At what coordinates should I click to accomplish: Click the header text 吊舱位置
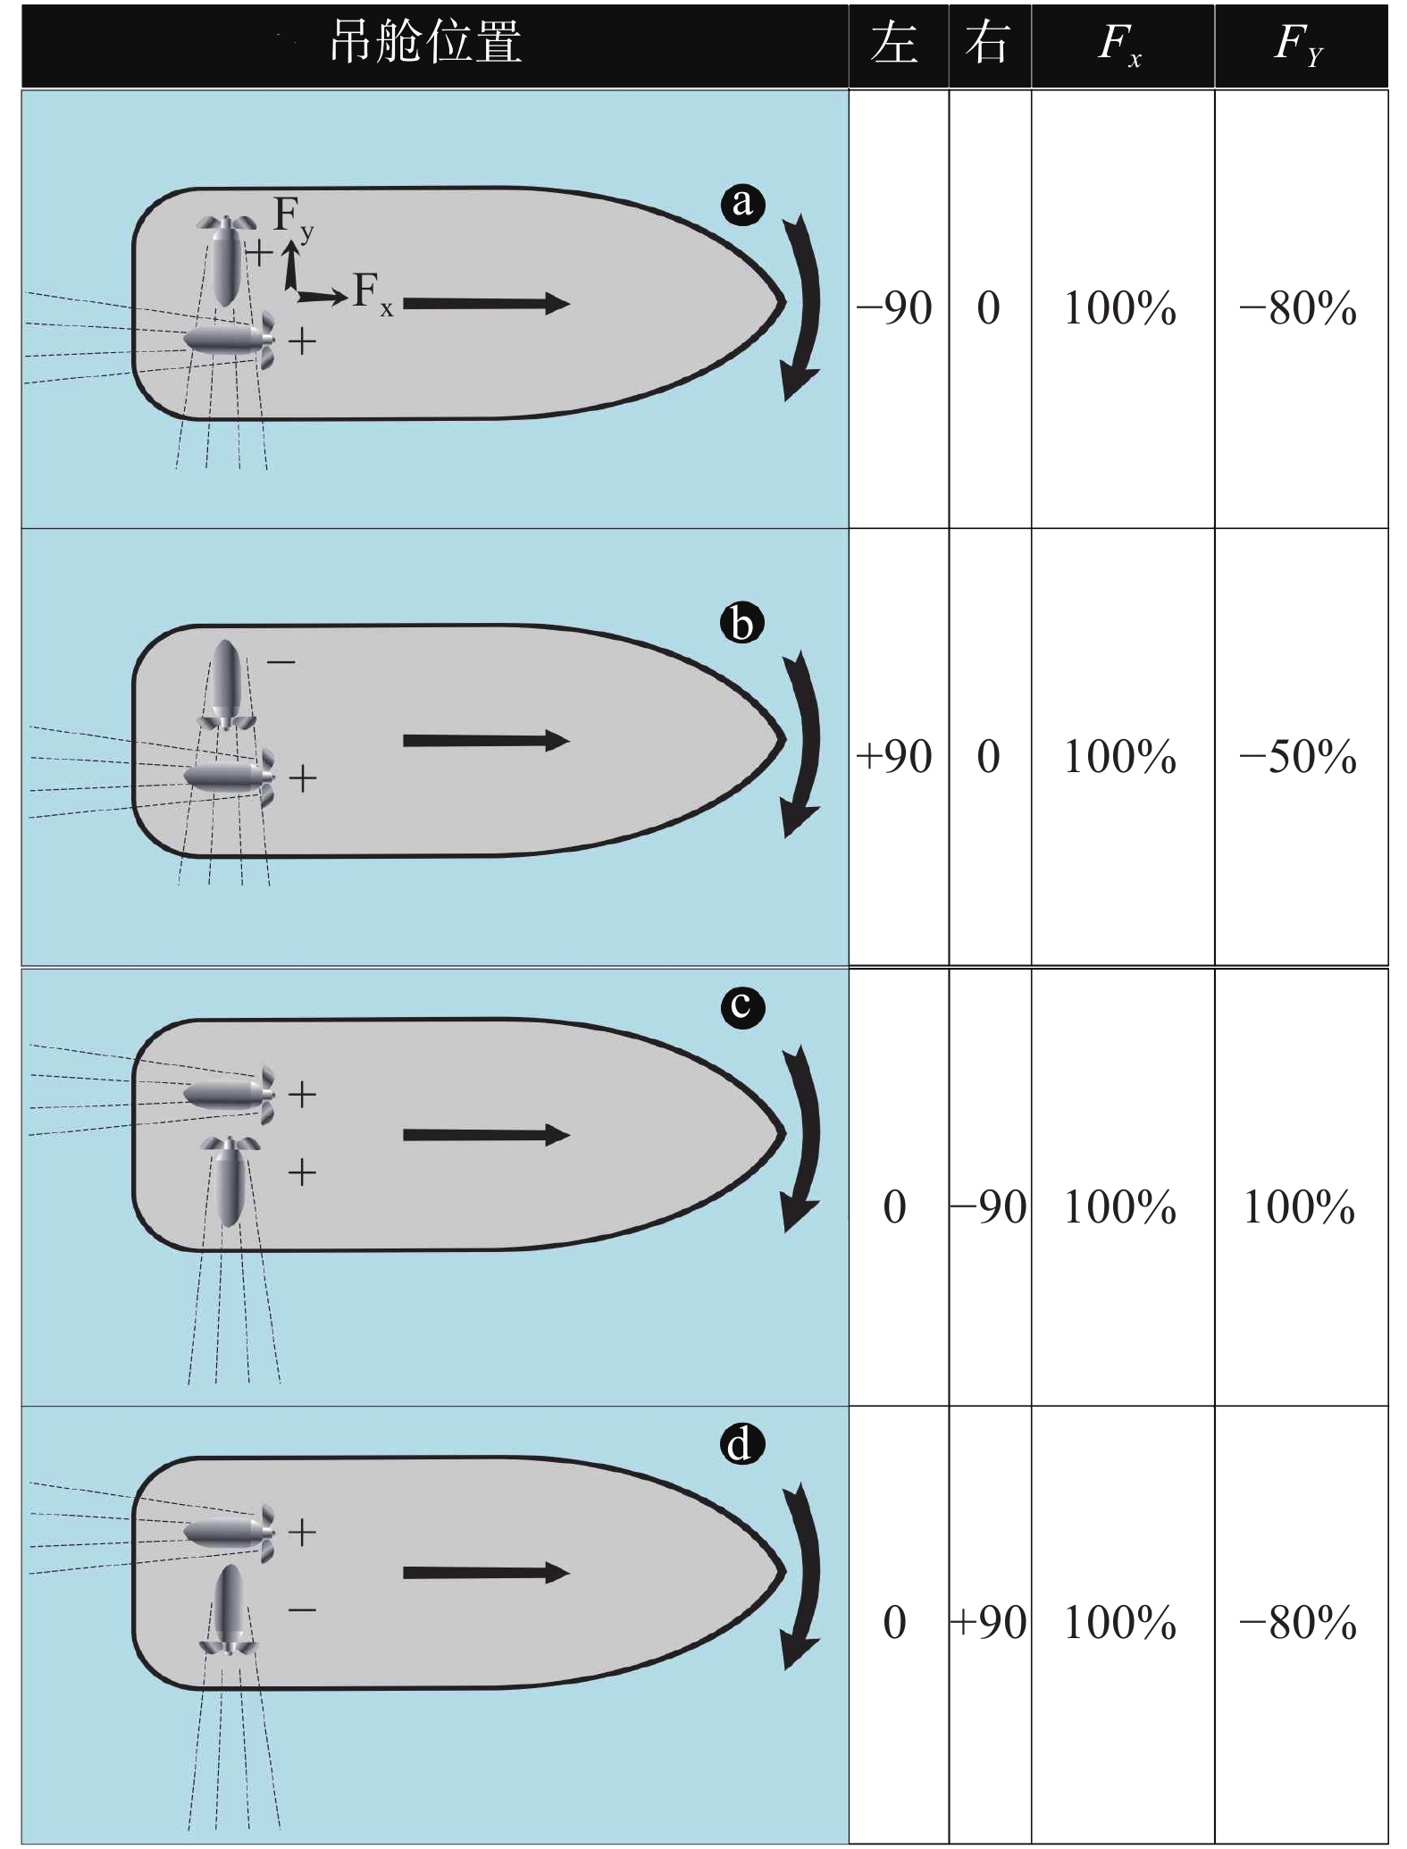point(425,42)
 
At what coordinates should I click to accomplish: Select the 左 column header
point(895,42)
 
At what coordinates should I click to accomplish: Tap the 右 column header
point(988,42)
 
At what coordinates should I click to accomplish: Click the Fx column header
point(1120,44)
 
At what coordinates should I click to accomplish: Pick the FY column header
point(1299,44)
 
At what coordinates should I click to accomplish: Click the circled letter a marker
point(742,203)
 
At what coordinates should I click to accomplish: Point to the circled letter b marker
point(742,623)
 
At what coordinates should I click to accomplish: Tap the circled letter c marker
point(742,1006)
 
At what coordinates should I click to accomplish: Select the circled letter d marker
point(742,1444)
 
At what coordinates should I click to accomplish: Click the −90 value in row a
point(895,308)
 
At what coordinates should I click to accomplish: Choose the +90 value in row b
point(895,757)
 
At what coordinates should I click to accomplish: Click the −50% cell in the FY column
point(1298,757)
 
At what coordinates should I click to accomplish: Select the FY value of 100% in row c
point(1298,1207)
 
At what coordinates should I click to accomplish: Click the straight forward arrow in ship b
point(485,741)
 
